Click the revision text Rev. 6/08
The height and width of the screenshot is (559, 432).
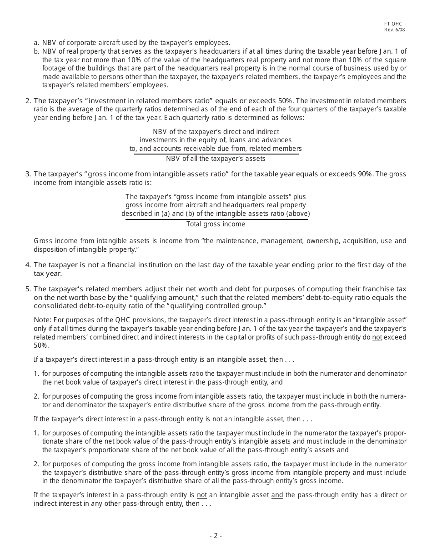coord(394,30)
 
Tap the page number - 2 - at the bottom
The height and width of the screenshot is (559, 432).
coord(216,536)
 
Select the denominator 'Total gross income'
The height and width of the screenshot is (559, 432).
coord(216,224)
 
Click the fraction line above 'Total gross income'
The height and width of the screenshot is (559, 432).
coord(216,219)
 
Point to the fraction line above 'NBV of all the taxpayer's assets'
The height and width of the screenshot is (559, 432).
coord(216,154)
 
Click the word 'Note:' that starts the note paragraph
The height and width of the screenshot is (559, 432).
coord(43,320)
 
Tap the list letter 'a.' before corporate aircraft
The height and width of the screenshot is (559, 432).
coord(36,43)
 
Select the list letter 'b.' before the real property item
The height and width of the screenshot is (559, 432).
coord(36,51)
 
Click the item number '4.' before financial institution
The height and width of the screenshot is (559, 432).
coord(28,265)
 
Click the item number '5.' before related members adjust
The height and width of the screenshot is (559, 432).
coord(28,289)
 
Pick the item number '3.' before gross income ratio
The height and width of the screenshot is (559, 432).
coord(28,174)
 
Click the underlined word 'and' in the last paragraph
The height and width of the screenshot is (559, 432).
coord(277,495)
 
